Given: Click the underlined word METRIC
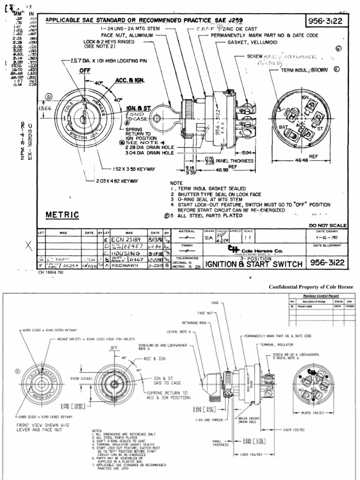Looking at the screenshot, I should click(62, 215).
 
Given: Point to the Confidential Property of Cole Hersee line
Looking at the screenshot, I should click(311, 287).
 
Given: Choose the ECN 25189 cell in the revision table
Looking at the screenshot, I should click(128, 238).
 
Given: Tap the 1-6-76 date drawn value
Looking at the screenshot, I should click(328, 238).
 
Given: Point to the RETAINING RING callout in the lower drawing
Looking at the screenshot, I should click(193, 323).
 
